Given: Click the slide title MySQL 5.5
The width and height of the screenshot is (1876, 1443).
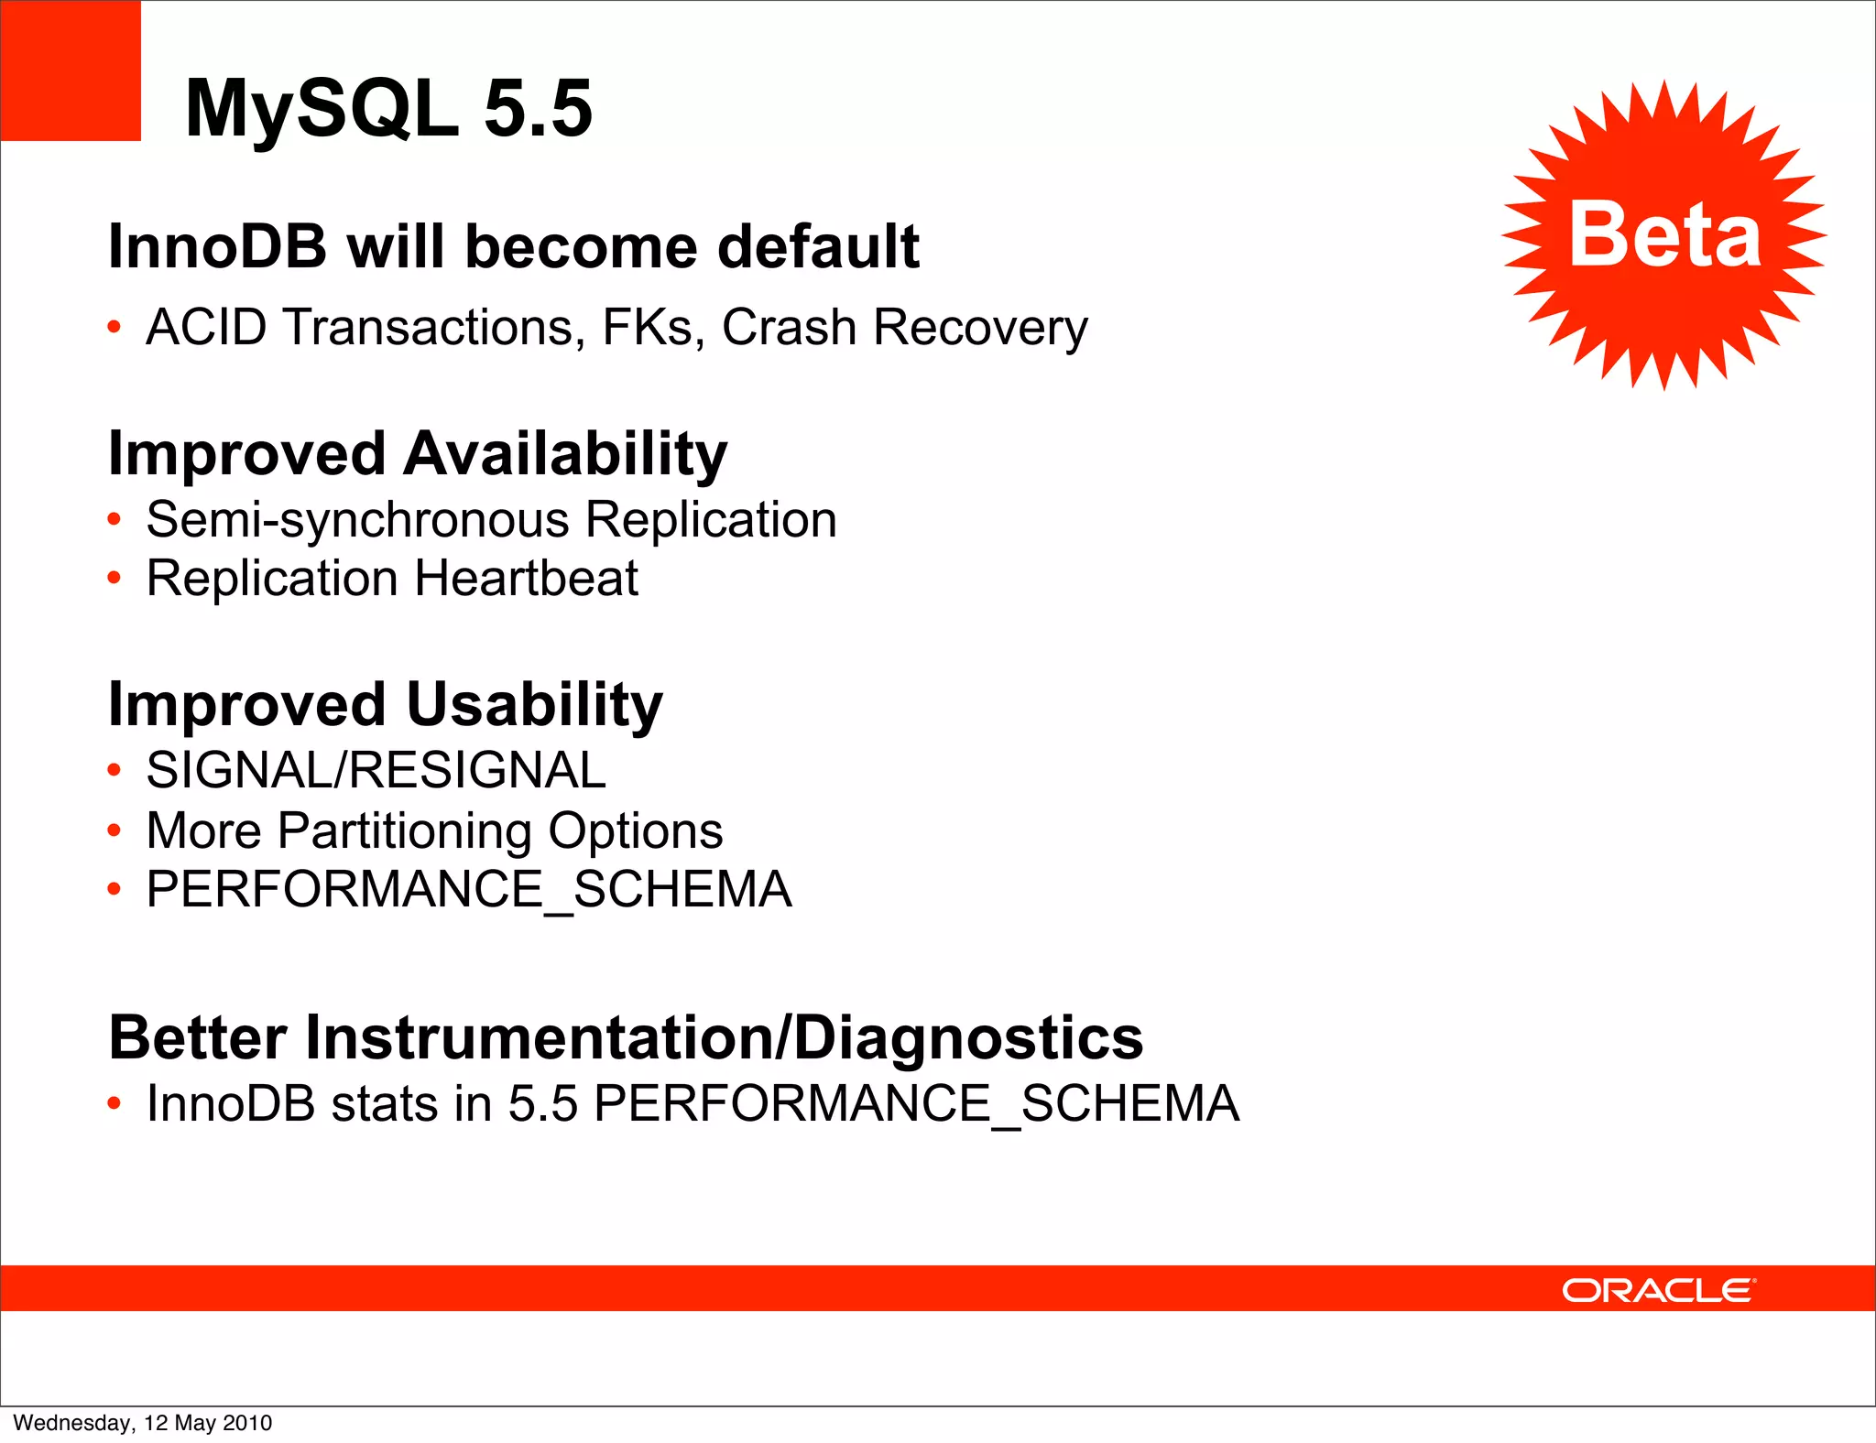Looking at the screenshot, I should click(x=388, y=108).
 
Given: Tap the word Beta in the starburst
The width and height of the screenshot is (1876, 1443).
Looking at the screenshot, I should click(x=1664, y=235).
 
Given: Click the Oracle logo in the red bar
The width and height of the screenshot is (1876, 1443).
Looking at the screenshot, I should click(x=1658, y=1290).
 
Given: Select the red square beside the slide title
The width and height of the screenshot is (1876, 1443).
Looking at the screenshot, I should click(x=71, y=71).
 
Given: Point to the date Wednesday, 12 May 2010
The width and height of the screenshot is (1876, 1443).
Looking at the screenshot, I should click(x=143, y=1423).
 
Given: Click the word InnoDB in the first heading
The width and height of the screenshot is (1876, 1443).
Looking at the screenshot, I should click(x=217, y=246).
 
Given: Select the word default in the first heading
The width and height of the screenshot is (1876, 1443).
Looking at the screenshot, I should click(x=818, y=246).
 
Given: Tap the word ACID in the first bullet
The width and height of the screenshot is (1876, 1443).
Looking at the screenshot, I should click(x=206, y=327).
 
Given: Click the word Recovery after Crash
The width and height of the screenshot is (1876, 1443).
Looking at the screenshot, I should click(x=980, y=329).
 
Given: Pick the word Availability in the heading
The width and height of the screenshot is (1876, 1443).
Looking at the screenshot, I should click(x=565, y=454).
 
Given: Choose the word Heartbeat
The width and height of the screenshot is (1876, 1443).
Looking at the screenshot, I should click(x=527, y=579).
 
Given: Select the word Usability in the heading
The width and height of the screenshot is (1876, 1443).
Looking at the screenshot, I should click(x=534, y=705).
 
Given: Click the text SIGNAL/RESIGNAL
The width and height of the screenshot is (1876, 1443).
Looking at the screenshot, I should click(x=376, y=770).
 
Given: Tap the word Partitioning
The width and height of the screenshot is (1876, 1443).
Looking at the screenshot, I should click(x=404, y=831).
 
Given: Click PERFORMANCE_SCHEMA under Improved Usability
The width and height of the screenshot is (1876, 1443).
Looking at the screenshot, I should click(x=469, y=890).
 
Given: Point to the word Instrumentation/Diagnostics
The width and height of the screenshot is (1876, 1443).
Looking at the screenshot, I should click(x=724, y=1037).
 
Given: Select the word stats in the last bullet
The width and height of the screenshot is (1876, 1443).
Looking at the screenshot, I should click(x=384, y=1103).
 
